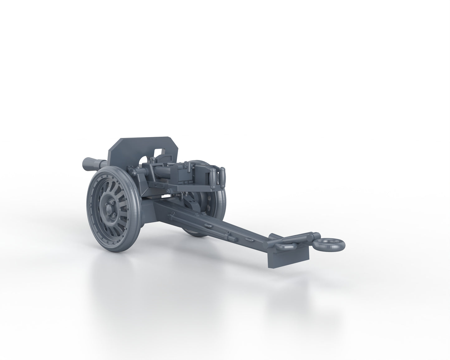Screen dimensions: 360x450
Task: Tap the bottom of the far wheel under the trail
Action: pos(195,237)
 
